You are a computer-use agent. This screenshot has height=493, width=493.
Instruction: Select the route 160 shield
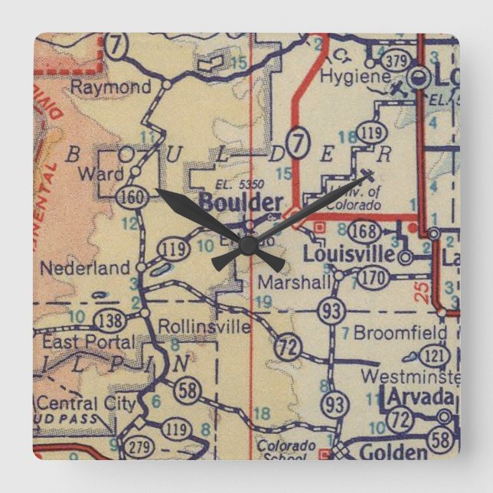(x=129, y=198)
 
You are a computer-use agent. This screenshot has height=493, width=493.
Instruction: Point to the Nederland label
(x=85, y=269)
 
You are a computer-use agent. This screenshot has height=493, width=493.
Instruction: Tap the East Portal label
(x=79, y=342)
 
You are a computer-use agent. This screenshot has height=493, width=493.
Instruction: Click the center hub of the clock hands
(x=246, y=246)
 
